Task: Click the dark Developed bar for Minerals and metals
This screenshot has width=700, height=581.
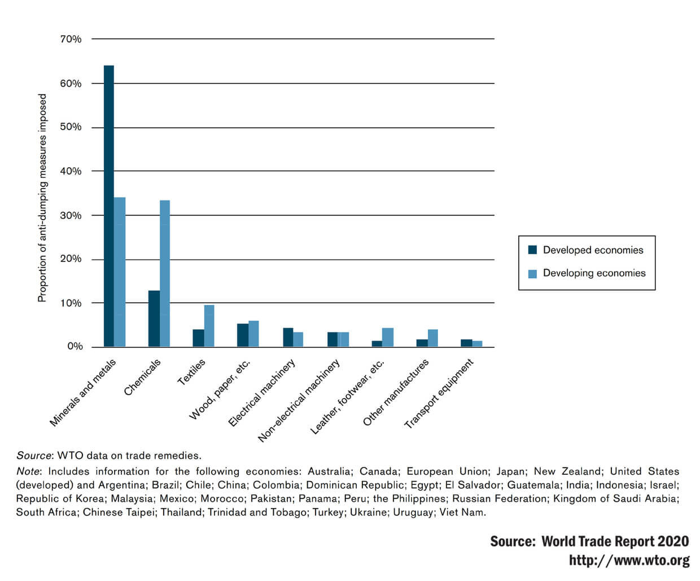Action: coord(108,206)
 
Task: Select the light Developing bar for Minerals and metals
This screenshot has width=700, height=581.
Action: coord(120,272)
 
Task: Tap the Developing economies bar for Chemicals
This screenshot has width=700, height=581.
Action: coord(165,273)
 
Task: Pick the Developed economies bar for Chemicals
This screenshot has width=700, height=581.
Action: coord(154,318)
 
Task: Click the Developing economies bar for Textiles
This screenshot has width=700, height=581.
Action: coord(209,326)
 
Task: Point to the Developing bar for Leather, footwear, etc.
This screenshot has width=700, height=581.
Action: coord(388,337)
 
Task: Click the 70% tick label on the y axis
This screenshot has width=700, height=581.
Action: coord(71,39)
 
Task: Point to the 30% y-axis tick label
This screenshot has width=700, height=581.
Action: coord(71,215)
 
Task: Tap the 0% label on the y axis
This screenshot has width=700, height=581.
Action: coord(75,347)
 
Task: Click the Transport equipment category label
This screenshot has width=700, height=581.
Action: coord(439,394)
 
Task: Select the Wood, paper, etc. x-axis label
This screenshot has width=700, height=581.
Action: coord(220,390)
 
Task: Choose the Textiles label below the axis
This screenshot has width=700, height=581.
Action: coord(191,372)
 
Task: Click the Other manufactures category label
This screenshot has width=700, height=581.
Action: coord(396,392)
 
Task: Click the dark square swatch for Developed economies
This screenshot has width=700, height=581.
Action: coord(532,250)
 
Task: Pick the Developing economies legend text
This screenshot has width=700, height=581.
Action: coord(594,273)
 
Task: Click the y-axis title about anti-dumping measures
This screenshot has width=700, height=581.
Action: coord(42,198)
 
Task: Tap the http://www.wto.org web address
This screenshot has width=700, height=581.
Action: coord(629,560)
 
